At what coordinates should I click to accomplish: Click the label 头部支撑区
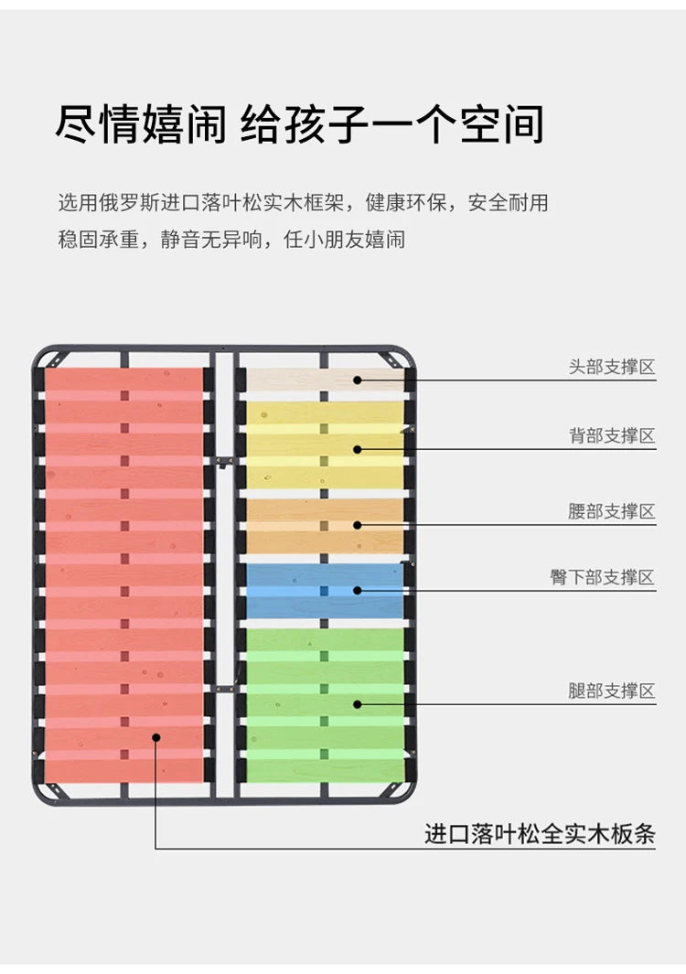(612, 367)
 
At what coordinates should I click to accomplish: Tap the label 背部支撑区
(612, 435)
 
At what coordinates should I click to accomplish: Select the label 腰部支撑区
(612, 511)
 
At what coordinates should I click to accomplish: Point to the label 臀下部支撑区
(603, 577)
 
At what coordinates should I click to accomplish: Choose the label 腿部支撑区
(612, 690)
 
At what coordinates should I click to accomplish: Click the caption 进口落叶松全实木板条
(540, 833)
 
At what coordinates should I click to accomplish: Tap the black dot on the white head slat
(358, 380)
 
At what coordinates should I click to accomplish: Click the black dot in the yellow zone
(358, 449)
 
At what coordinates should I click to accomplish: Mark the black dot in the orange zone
(358, 525)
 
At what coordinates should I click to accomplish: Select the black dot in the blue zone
(358, 590)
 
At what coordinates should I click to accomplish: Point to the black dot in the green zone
(358, 704)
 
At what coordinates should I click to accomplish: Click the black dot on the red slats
(156, 737)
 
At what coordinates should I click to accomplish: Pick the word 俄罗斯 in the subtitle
(129, 202)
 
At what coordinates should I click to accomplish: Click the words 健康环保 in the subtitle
(406, 202)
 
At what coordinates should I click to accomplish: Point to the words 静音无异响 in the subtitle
(211, 239)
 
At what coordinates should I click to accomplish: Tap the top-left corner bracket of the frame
(51, 359)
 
